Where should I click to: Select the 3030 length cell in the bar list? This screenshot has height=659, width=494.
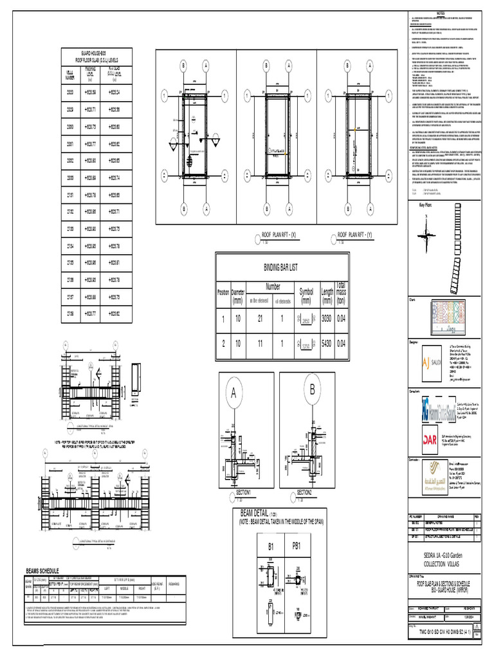(326, 318)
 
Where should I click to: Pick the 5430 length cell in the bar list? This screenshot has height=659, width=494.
(326, 344)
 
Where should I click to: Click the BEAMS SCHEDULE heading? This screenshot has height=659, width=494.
(42, 570)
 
